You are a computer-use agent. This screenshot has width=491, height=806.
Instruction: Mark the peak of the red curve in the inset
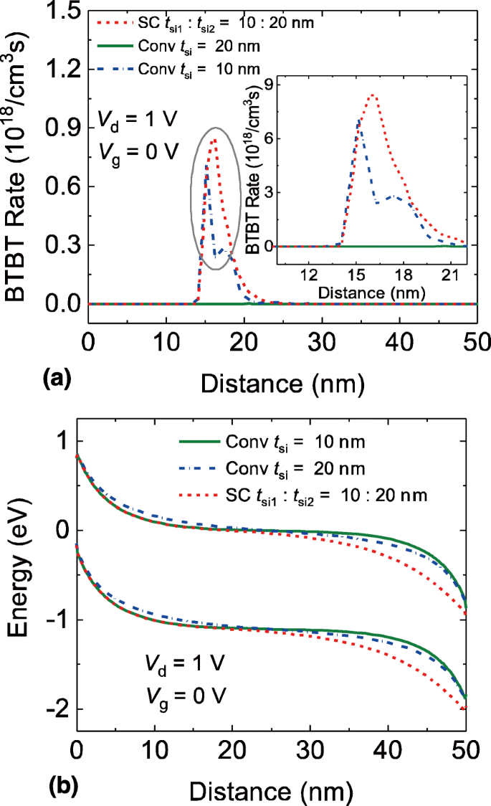[372, 95]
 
